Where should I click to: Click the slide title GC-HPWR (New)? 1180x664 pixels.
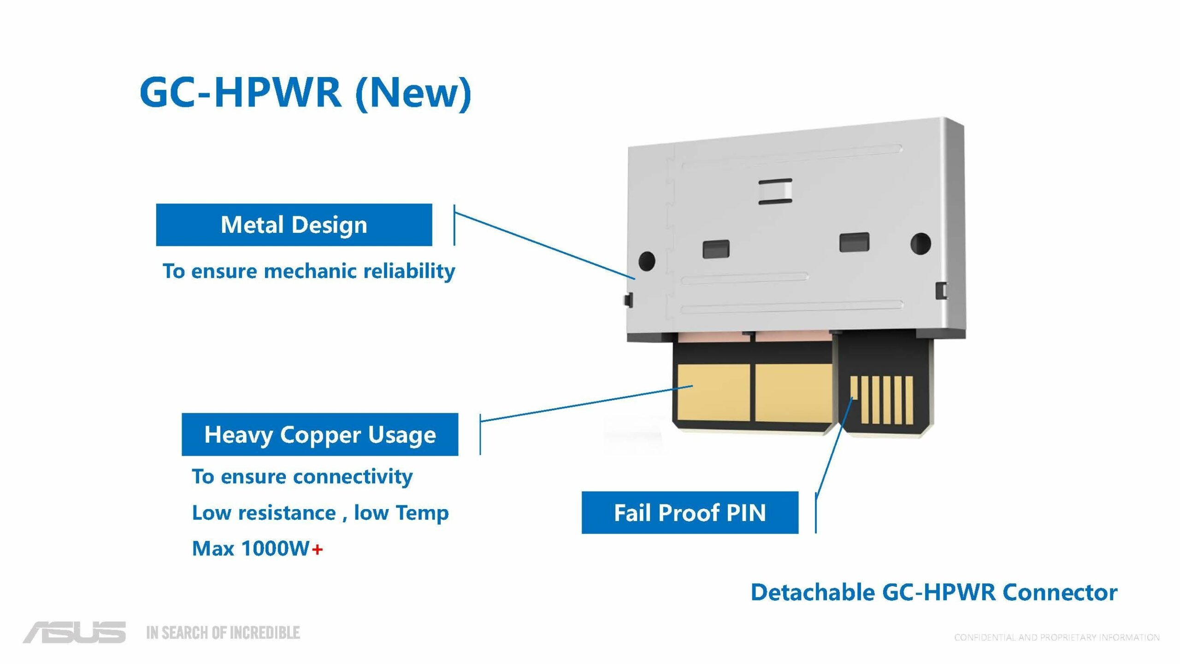305,92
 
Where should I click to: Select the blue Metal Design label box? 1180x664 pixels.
294,225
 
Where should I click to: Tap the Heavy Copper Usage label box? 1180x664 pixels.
320,434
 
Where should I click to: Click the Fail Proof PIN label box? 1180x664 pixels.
690,513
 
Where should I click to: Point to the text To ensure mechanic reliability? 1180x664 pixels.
309,271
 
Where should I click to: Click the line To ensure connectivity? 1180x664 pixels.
302,476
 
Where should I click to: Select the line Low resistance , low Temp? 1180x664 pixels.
320,513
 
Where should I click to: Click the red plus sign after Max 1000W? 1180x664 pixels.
318,549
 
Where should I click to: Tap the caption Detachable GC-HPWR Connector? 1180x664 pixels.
934,593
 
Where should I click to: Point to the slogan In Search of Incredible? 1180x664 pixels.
223,633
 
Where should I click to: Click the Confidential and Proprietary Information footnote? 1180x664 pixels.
1056,638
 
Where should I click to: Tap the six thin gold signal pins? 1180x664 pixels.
881,400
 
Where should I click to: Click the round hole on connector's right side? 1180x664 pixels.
921,243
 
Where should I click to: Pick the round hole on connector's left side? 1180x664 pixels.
646,261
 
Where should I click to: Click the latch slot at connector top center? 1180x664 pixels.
775,191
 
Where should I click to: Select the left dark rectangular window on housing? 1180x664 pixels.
716,249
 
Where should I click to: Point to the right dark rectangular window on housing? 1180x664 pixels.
854,242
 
